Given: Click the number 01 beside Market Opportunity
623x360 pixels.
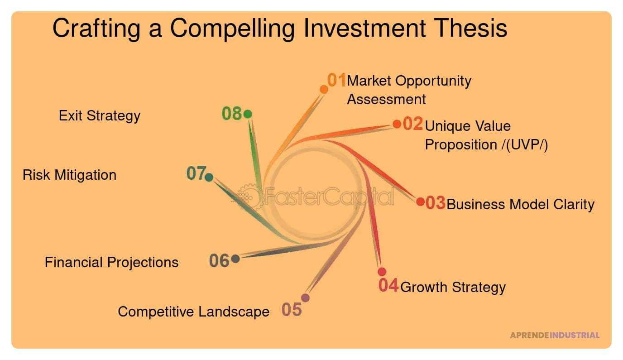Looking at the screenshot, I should click(336, 80).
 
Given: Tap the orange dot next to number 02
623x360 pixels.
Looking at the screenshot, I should click(397, 124).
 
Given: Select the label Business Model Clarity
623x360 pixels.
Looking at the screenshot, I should click(520, 204).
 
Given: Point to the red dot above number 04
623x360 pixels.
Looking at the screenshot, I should click(382, 272).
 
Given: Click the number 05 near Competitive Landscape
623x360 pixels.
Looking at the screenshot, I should click(292, 310).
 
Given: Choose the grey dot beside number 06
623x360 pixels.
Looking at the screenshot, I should click(235, 259).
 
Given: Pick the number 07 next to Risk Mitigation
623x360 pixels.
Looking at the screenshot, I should click(196, 173).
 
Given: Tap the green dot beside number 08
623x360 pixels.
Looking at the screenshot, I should click(247, 114).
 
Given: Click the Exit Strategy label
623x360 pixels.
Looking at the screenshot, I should click(100, 115).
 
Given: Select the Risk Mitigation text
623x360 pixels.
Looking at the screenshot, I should click(69, 175).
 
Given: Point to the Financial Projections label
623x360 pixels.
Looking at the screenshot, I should click(111, 262).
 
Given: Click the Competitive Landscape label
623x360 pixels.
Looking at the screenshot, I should click(193, 312).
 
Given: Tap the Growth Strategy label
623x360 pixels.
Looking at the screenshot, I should click(453, 287).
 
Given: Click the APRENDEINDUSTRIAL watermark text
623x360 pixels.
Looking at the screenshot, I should click(554, 335).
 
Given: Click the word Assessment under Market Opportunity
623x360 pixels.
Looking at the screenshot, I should click(386, 99).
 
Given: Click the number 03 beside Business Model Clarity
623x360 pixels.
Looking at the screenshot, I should click(435, 203).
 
